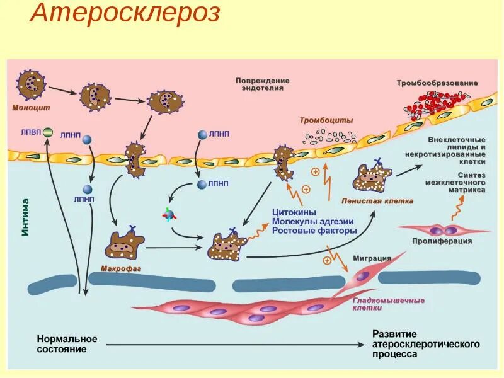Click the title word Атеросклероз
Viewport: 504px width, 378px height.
pyautogui.click(x=125, y=13)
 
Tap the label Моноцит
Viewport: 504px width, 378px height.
pyautogui.click(x=30, y=107)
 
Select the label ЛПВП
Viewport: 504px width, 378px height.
pyautogui.click(x=31, y=132)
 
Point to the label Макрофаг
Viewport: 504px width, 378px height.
pyautogui.click(x=120, y=268)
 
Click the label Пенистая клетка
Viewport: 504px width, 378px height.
pyautogui.click(x=377, y=202)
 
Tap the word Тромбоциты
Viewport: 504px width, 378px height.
pyautogui.click(x=326, y=120)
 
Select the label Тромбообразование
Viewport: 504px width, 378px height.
pyautogui.click(x=437, y=83)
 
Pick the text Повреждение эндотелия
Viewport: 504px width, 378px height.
pyautogui.click(x=263, y=84)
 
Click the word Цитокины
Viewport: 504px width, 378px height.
pyautogui.click(x=294, y=212)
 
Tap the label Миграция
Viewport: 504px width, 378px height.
pyautogui.click(x=372, y=258)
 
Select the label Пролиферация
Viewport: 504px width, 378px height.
pyautogui.click(x=442, y=241)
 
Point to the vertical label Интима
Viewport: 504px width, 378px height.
pyautogui.click(x=26, y=217)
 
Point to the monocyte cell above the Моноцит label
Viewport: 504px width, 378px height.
pyautogui.click(x=30, y=85)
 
